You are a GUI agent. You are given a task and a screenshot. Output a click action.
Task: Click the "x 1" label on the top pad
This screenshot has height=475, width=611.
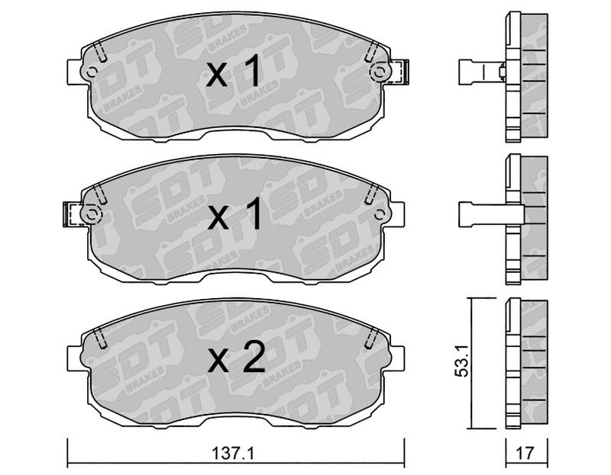[233, 72]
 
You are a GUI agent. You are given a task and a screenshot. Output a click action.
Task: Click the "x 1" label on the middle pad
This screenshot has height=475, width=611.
[234, 214]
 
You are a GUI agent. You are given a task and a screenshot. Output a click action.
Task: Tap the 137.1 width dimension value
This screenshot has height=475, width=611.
[233, 453]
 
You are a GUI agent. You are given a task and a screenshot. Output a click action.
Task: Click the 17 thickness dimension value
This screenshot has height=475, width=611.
[525, 453]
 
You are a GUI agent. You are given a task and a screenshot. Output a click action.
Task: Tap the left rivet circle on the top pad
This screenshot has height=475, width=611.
[92, 72]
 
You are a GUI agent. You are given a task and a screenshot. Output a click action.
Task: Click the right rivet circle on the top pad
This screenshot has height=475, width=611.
[379, 72]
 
